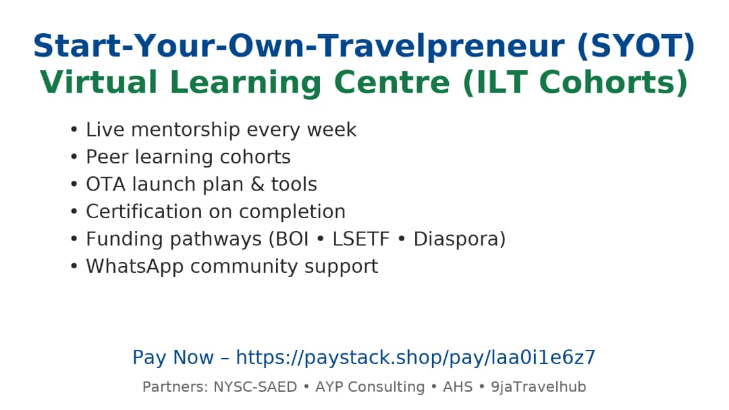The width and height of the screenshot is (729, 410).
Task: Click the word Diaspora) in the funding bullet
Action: pyautogui.click(x=459, y=239)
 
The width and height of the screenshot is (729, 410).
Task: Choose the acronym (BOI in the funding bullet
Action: pyautogui.click(x=283, y=239)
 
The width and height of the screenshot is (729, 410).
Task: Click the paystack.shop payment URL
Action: pyautogui.click(x=416, y=358)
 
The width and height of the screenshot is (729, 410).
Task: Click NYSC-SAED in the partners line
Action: pyautogui.click(x=255, y=387)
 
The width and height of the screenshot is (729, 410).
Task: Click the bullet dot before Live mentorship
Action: pyautogui.click(x=74, y=130)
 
